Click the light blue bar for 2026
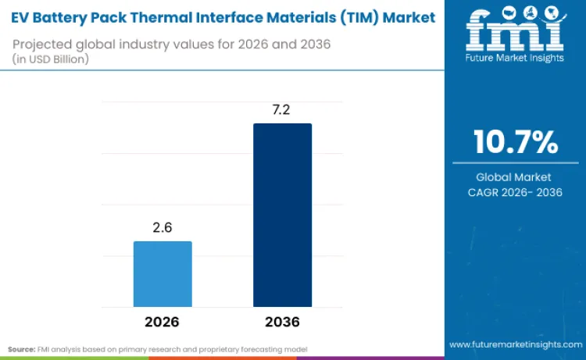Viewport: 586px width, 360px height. point(163,273)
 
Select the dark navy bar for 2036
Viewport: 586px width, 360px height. point(282,215)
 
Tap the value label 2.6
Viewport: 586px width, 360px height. point(162,228)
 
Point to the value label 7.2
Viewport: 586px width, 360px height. point(282,109)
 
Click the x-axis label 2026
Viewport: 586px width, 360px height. point(162,322)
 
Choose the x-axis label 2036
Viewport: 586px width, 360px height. point(282,322)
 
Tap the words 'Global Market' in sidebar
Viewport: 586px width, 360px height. point(515,177)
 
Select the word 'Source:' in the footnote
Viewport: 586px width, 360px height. point(21,348)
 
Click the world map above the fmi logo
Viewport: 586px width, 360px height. point(514,12)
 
